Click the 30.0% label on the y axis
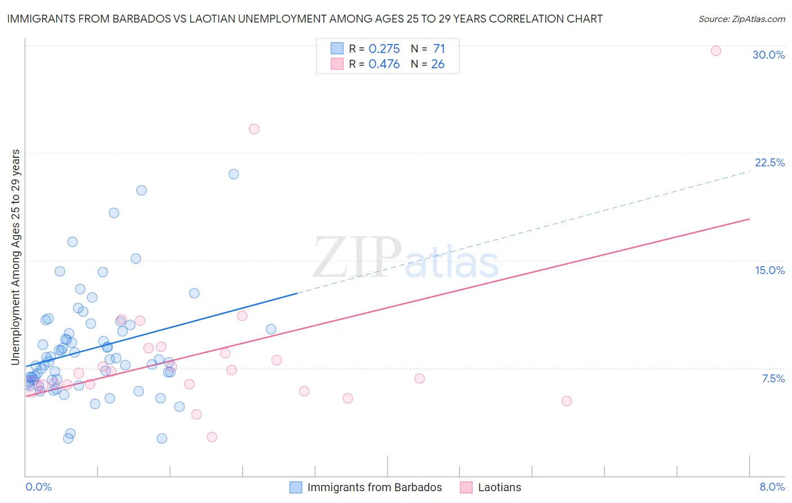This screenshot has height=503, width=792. point(768,55)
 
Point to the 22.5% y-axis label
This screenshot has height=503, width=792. point(769,162)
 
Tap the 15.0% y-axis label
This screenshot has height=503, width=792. point(769,270)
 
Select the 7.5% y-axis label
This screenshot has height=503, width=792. point(773,378)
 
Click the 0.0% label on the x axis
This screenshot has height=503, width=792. point(38,487)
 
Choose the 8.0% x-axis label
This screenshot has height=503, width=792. point(772,487)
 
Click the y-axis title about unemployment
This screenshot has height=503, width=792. point(15,257)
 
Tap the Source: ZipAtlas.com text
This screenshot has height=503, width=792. point(741,19)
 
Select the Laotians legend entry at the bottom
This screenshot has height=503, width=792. point(499,487)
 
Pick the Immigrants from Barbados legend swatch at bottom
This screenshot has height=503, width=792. point(296,487)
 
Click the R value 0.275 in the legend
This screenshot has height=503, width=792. point(384,48)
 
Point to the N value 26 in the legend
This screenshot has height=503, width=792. point(438,64)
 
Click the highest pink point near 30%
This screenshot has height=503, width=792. point(716,51)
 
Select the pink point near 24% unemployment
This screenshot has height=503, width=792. point(254,129)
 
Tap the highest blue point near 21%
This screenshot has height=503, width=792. point(234,174)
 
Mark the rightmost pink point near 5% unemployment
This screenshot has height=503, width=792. point(567,401)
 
